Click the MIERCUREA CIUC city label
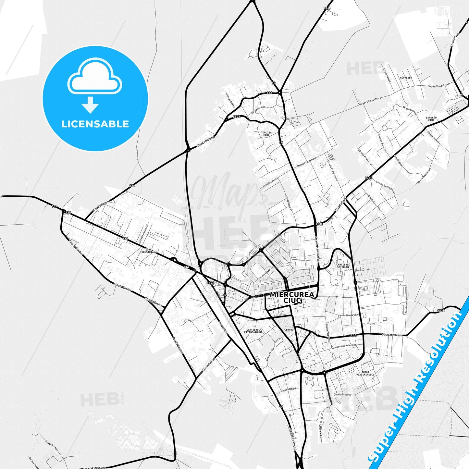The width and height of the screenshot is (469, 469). click(x=292, y=297)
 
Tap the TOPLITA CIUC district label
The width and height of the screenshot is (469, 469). click(x=266, y=134)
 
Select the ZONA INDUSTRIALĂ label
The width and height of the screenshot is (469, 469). click(x=148, y=251)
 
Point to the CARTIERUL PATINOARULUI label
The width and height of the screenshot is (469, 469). click(x=253, y=331)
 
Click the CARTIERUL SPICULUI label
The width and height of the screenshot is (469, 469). click(x=343, y=265)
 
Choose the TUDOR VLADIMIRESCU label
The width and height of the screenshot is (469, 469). click(x=365, y=373)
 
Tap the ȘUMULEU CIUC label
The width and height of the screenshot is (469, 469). click(x=431, y=119)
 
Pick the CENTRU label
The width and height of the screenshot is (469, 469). click(x=289, y=330)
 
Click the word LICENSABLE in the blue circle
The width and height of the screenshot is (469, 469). click(x=95, y=124)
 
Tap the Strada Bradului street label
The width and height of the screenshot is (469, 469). click(x=342, y=394)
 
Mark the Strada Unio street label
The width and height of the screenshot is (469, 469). click(x=352, y=315)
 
